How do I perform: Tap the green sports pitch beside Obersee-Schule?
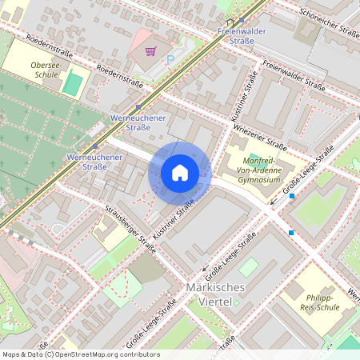[x=72, y=82]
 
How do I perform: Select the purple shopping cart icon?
[x=150, y=51]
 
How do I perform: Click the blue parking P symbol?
[x=170, y=59]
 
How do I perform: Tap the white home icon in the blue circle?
[x=180, y=172]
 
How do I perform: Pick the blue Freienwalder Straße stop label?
[x=241, y=37]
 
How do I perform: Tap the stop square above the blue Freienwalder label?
[x=242, y=21]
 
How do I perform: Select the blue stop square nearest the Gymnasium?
[x=292, y=196]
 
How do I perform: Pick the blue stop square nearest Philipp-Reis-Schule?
[x=291, y=233]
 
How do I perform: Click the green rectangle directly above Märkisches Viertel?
[x=249, y=266]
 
